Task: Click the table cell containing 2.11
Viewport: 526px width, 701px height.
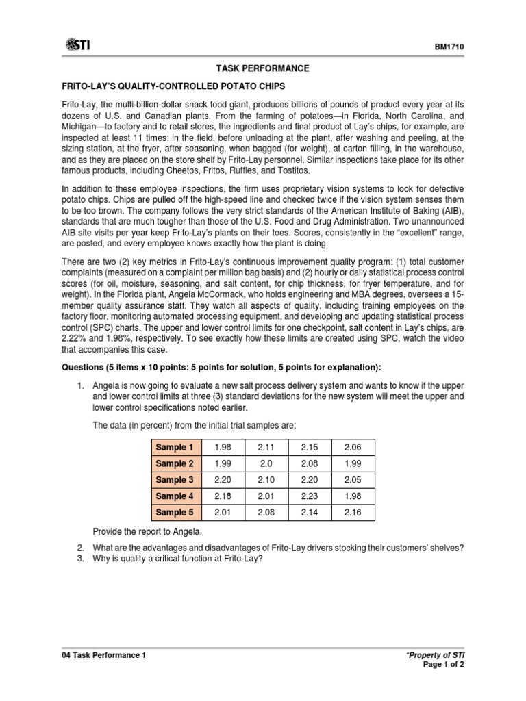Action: pos(265,447)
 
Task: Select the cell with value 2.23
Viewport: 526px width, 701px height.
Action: pos(309,496)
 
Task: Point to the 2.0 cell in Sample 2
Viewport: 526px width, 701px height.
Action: pos(265,463)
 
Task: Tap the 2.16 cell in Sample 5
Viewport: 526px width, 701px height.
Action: pos(352,512)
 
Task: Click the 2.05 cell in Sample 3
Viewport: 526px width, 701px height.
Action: pos(352,480)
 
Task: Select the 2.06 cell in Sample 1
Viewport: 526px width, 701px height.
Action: pos(352,447)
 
